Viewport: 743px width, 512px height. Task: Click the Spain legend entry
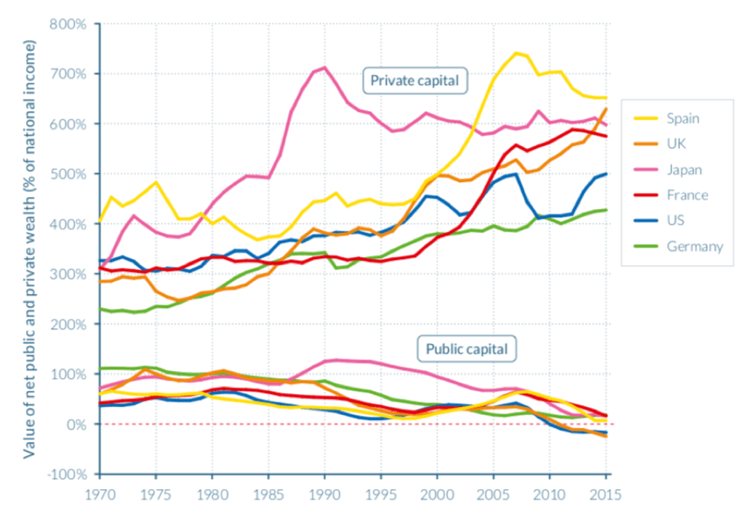[x=683, y=118]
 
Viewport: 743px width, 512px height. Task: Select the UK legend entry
[x=676, y=144]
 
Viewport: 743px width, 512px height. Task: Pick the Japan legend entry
[x=683, y=170]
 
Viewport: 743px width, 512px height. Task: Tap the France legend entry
[x=685, y=195]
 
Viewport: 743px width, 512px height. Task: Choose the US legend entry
[x=675, y=221]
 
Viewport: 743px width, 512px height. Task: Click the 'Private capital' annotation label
[x=415, y=81]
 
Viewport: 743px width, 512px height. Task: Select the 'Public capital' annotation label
[x=467, y=349]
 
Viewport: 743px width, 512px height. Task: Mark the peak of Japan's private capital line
[x=325, y=67]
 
